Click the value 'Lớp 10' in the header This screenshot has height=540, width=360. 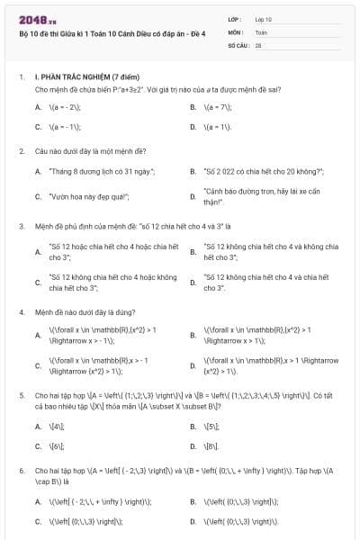tap(264, 18)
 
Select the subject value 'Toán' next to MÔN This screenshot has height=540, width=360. tap(261, 31)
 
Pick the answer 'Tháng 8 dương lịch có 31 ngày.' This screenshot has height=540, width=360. tap(102, 171)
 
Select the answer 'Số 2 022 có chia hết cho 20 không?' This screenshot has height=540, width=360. tap(259, 171)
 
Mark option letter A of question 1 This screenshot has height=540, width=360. tap(38, 106)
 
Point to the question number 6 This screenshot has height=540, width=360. tap(22, 471)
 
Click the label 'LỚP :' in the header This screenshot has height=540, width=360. tap(236, 18)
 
